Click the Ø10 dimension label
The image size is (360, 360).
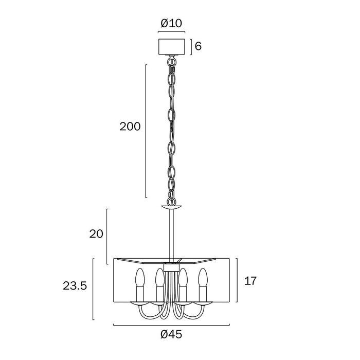pos(171,23)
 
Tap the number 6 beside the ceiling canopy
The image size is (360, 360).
pos(198,46)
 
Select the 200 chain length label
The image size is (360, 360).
pos(130,127)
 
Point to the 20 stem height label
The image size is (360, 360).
pos(96,234)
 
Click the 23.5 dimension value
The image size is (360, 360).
pos(75,286)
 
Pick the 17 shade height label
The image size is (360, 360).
pos(250,281)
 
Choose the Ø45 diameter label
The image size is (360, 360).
pos(171,334)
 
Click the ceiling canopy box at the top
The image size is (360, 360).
pos(172,47)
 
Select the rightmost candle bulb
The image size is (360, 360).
pos(203,277)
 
